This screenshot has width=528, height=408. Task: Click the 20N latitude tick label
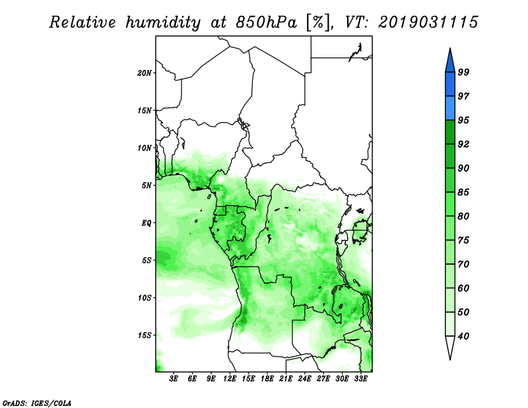click(145, 73)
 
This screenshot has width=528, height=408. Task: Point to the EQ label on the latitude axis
click(147, 223)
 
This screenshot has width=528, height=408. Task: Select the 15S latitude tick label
click(145, 335)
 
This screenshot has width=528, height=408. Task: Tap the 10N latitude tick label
click(145, 148)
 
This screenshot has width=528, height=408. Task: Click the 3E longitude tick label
click(174, 379)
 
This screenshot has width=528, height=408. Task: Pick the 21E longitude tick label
click(286, 379)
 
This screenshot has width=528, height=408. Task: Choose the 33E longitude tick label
click(360, 379)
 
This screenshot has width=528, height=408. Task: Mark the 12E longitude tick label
click(230, 379)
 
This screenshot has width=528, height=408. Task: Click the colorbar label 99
click(463, 72)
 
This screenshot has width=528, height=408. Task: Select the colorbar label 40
click(463, 336)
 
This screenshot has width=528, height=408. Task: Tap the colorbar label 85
click(463, 192)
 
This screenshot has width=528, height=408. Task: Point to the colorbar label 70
click(463, 264)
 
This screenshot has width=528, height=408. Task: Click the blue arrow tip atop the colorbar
click(450, 49)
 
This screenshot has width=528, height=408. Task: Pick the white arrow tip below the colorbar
click(450, 359)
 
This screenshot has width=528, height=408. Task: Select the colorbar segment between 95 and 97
click(450, 108)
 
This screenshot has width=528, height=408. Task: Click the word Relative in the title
click(83, 22)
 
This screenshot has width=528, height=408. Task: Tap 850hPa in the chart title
click(267, 22)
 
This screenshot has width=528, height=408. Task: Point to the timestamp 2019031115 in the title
click(428, 22)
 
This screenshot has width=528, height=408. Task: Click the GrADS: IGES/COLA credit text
click(37, 403)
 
